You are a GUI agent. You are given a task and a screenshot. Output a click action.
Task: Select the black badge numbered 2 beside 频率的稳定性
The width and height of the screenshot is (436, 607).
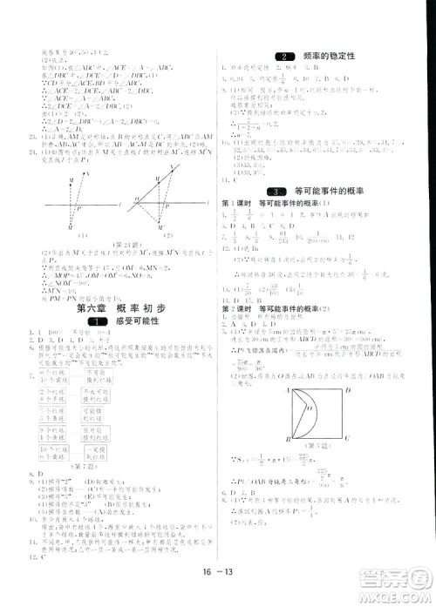click(281, 56)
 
